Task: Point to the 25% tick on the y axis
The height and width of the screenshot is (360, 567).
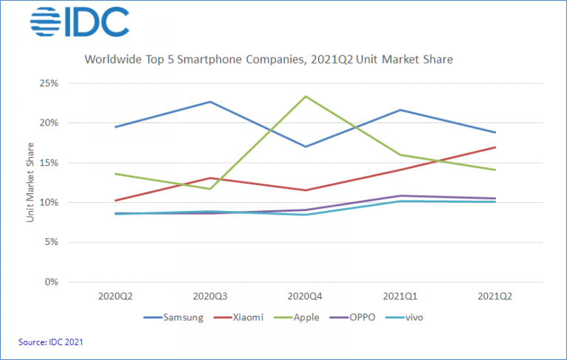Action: (49, 83)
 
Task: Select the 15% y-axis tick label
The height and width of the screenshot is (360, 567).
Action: (49, 162)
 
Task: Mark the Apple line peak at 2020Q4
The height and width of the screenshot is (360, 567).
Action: (306, 96)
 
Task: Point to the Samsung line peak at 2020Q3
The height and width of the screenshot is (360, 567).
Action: (210, 102)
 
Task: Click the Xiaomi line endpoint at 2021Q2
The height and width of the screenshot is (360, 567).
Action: (495, 147)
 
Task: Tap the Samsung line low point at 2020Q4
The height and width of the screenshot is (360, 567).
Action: (306, 146)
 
